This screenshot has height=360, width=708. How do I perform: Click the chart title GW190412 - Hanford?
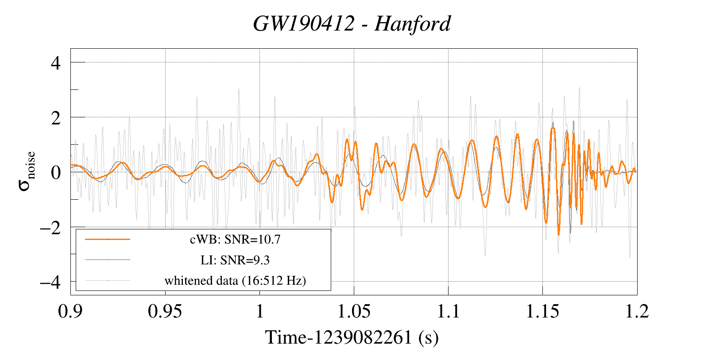352,23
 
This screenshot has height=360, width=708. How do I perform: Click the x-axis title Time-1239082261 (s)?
352,337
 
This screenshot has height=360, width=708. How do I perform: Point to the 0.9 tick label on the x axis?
71,311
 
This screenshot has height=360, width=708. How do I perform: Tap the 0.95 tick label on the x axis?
165,311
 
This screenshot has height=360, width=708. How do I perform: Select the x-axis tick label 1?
260,311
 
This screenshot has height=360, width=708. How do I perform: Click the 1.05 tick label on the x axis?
354,311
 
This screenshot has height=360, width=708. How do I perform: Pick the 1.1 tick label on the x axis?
449,311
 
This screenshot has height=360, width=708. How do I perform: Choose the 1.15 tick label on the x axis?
542,311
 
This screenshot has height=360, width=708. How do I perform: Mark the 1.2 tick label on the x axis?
637,311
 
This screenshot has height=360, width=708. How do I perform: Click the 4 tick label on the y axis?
56,62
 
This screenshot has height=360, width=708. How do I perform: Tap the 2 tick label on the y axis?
56,117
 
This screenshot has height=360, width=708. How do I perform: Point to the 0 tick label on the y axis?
56,172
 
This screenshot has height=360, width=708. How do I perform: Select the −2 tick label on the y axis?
50,227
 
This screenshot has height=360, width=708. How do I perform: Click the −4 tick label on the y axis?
50,282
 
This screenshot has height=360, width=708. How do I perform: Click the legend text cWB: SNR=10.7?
235,240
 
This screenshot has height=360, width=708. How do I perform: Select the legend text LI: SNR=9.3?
235,260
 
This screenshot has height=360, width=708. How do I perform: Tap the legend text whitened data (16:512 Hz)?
235,280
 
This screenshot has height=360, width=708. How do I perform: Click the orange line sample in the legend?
108,239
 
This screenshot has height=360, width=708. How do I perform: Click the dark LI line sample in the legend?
108,259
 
